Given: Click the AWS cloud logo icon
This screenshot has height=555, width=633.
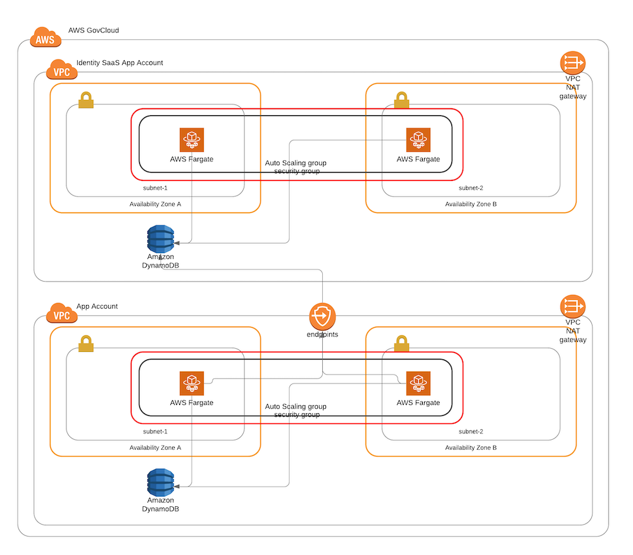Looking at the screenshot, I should tap(46, 37).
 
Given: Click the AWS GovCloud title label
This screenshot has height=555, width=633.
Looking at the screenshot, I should tap(93, 30).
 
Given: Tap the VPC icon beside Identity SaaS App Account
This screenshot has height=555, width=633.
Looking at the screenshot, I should tap(62, 70).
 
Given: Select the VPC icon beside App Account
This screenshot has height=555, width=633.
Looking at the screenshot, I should tap(62, 313).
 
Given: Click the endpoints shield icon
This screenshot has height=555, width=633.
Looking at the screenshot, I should tap(322, 315).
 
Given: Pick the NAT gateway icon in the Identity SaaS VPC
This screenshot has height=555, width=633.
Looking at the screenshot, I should tap(573, 63).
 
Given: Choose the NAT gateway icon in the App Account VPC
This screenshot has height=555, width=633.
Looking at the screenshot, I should tap(573, 307).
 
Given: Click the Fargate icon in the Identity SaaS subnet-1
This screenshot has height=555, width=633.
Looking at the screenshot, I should tap(191, 140).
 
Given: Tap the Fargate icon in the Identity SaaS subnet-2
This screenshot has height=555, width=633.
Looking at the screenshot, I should tap(418, 140).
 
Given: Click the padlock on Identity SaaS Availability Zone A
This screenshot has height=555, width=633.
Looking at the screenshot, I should tap(86, 100).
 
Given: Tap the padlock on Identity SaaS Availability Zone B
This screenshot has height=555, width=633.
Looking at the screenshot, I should tap(401, 100).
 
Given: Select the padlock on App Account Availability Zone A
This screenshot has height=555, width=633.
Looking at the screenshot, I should tap(86, 344).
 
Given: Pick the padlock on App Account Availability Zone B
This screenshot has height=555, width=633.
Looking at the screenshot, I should tap(401, 344).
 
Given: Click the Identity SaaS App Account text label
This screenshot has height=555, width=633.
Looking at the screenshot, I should tap(120, 63).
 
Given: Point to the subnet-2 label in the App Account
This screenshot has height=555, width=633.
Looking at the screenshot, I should tap(470, 432).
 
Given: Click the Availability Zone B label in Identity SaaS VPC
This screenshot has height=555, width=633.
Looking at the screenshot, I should tap(470, 204).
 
